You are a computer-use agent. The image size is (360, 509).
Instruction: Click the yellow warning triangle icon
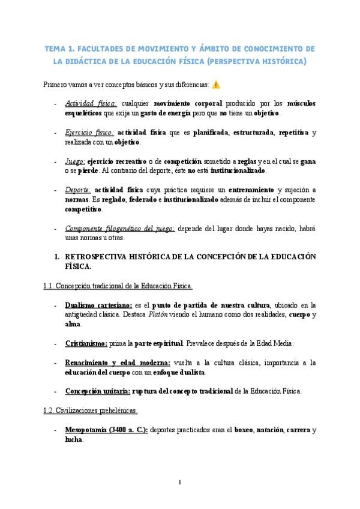click(216, 85)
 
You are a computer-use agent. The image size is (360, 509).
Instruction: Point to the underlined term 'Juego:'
click(75, 161)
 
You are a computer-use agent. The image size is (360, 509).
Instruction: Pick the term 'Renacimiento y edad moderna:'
click(118, 363)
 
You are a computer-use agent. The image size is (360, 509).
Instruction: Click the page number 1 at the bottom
click(179, 482)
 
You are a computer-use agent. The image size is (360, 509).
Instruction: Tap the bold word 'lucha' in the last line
click(74, 440)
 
